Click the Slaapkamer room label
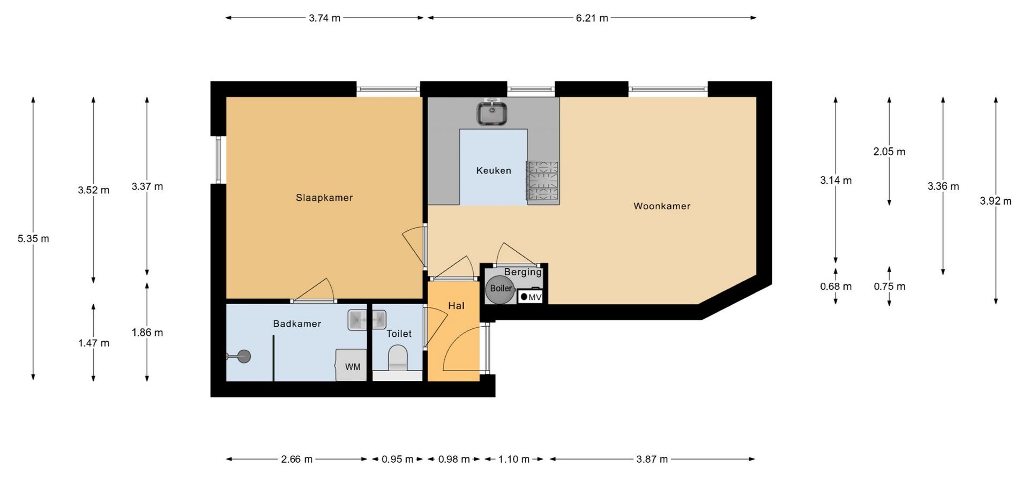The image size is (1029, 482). [324, 198]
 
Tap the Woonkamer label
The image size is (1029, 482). [662, 206]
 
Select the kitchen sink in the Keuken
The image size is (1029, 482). [493, 112]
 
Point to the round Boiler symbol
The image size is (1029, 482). [501, 289]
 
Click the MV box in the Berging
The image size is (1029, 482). [531, 296]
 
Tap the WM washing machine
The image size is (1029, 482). [352, 365]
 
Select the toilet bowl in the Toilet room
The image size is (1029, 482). [398, 357]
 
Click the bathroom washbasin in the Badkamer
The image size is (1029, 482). [367, 320]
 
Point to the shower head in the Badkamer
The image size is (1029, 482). [244, 356]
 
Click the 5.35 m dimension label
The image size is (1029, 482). [33, 239]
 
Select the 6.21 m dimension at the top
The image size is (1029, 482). [592, 18]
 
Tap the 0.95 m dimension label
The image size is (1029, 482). [398, 460]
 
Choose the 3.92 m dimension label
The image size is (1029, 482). [996, 201]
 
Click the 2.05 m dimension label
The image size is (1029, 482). [889, 152]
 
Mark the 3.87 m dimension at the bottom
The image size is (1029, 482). [652, 460]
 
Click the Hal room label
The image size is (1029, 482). [456, 306]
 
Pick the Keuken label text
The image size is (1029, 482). [494, 171]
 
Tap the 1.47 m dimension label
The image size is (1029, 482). [94, 343]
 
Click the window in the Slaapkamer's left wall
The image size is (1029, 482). [218, 160]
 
